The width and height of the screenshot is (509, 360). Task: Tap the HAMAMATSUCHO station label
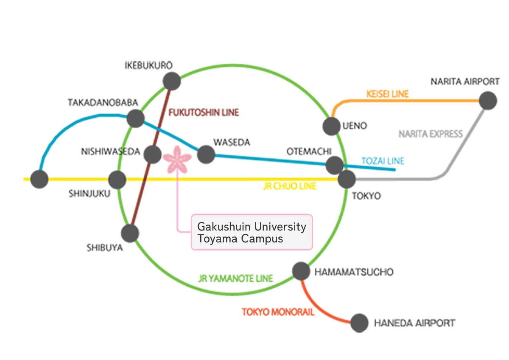[x=354, y=272]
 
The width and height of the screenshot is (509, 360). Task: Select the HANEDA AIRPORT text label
[x=414, y=323]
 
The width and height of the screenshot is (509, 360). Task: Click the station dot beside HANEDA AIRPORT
[x=359, y=323]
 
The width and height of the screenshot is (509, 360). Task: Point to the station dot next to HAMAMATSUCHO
[x=301, y=271]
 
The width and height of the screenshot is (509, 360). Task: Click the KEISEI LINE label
[x=388, y=94]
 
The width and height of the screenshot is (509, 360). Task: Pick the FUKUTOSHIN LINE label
[x=204, y=112]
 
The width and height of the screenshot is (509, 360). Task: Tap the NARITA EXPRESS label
[x=430, y=134]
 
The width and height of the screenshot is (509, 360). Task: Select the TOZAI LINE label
[x=383, y=161]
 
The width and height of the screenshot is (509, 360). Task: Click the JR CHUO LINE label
[x=289, y=186]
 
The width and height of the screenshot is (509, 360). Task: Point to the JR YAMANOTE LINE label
[x=235, y=278]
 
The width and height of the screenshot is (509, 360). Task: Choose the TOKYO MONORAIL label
[x=278, y=312]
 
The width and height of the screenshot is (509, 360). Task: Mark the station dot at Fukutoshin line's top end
[x=172, y=81]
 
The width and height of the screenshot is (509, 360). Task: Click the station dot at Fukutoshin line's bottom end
[x=130, y=233]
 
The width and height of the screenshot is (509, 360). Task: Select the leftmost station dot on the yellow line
[x=39, y=179]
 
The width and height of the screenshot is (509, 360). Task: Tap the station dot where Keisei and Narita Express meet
[x=488, y=101]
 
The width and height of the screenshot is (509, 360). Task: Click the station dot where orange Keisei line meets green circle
[x=331, y=126]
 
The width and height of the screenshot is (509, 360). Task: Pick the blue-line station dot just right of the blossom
[x=206, y=155]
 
